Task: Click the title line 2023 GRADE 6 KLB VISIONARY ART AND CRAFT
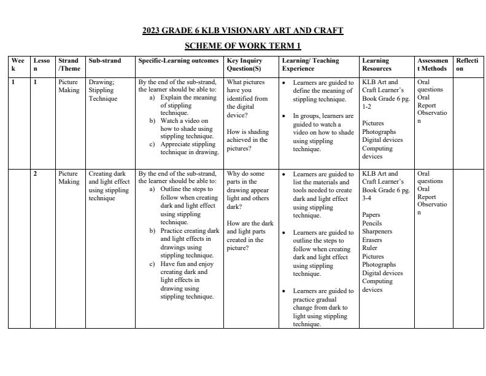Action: pos(243,30)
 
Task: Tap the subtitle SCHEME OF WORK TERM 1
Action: pos(243,46)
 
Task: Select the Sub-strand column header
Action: pos(105,61)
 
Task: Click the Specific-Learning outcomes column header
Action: pos(179,61)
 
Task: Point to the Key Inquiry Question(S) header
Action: pos(244,65)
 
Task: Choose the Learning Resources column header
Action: pos(376,65)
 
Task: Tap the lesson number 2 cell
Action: pos(35,174)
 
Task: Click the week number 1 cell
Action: pos(13,82)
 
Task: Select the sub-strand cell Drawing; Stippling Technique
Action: pos(102,90)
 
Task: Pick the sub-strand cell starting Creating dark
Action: pos(109,186)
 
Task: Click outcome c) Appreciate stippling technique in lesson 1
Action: pos(188,148)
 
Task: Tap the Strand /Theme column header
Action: pos(69,65)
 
